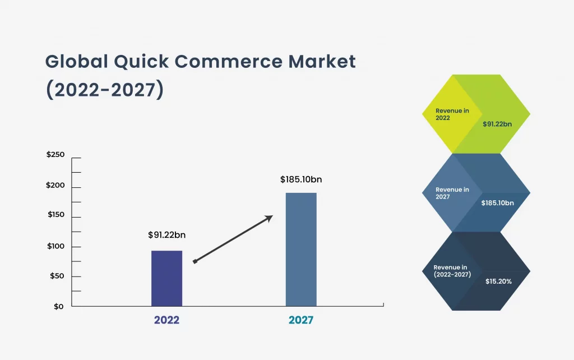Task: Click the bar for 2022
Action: coord(166,278)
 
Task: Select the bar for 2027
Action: coord(301,250)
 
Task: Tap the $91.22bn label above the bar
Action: coord(166,235)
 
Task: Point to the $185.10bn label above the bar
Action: coord(301,180)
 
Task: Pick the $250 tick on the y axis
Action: coord(55,155)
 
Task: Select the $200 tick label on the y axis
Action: coord(55,186)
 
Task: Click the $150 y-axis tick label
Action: coord(55,215)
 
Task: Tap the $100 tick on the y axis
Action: coord(55,246)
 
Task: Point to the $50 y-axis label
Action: coord(57,276)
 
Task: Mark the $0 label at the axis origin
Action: coord(59,307)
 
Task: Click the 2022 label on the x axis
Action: coord(166,321)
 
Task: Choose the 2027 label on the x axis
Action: coord(301,321)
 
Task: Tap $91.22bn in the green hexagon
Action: coord(497,124)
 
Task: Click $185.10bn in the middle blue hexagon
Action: coord(497,203)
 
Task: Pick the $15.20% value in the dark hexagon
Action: coord(498,281)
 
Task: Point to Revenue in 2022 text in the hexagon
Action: coord(452,114)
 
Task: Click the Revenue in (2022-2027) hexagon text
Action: coord(452,271)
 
